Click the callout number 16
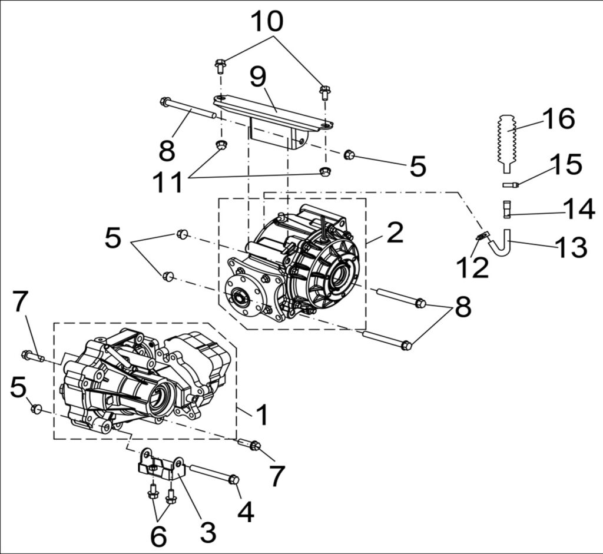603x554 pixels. tap(559, 118)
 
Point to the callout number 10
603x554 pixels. tap(268, 21)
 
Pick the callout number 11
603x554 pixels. tap(167, 181)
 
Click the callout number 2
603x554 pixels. tap(395, 232)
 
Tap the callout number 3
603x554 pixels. tap(208, 531)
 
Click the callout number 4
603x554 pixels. tap(246, 511)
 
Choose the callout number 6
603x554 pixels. tap(158, 536)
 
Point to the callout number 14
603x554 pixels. tap(579, 210)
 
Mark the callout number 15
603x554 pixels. tap(566, 164)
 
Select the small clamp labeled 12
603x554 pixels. tap(481, 235)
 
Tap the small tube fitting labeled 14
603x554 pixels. tap(507, 210)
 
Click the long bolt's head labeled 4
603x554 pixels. tap(233, 479)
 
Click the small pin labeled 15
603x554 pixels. tap(511, 185)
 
